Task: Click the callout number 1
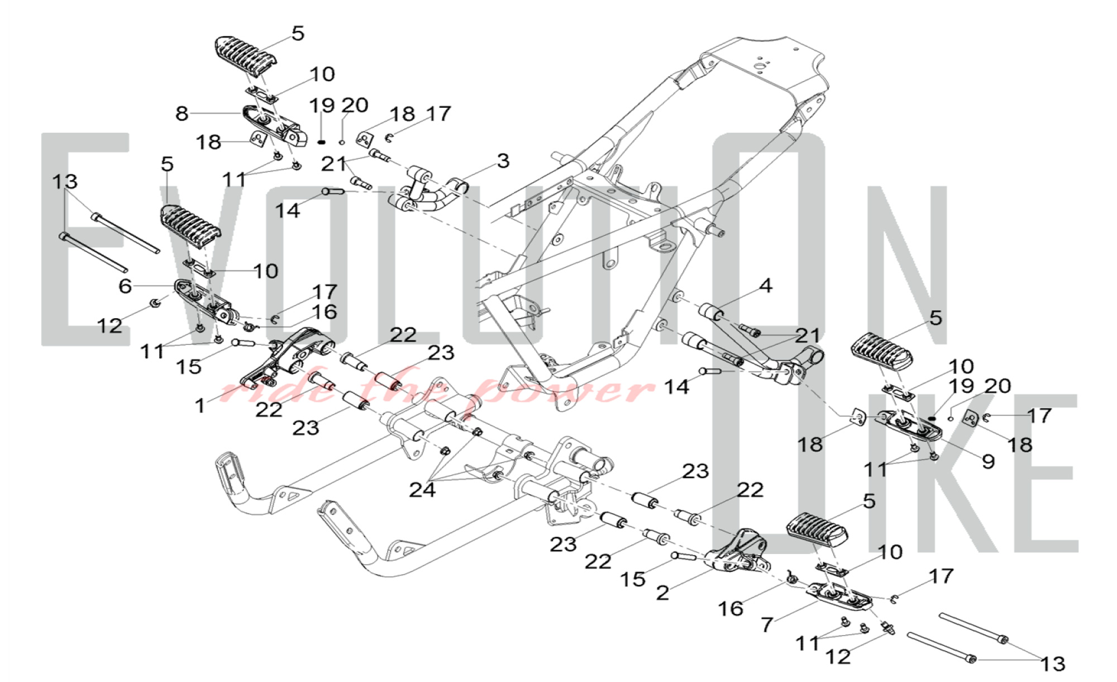200,405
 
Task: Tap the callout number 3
503,161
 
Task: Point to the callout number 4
766,286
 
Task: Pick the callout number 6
125,286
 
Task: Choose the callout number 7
767,624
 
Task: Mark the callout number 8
182,113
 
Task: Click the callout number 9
988,461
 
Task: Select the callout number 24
422,490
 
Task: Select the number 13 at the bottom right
1053,664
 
